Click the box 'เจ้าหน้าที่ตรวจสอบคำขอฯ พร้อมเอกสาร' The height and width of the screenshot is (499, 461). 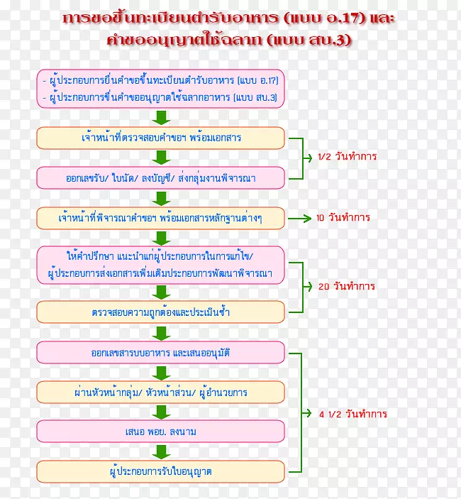pos(160,138)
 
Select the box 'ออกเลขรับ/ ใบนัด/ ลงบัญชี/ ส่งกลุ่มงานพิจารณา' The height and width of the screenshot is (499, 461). pos(160,178)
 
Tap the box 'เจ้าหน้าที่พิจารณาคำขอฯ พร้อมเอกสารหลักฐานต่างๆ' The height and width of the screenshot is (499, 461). pos(160,217)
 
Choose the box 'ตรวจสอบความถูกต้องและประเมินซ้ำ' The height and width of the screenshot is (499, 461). pos(160,311)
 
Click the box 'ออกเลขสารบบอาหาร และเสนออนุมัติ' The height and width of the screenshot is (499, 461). pos(160,352)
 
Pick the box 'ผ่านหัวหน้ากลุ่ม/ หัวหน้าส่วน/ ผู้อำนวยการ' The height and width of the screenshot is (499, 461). pos(160,391)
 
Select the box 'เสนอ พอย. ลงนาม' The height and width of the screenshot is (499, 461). pos(160,431)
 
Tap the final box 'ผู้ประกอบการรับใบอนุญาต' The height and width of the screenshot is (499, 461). pos(160,471)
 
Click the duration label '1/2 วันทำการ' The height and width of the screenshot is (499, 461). pos(348,157)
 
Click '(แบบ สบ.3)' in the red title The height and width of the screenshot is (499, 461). pos(310,40)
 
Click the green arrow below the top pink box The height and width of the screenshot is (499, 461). pos(162,117)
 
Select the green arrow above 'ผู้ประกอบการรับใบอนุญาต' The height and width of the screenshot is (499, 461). pos(162,451)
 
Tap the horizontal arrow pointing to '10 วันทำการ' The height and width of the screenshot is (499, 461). pos(299,217)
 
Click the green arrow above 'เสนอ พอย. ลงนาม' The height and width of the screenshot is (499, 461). pos(162,412)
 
